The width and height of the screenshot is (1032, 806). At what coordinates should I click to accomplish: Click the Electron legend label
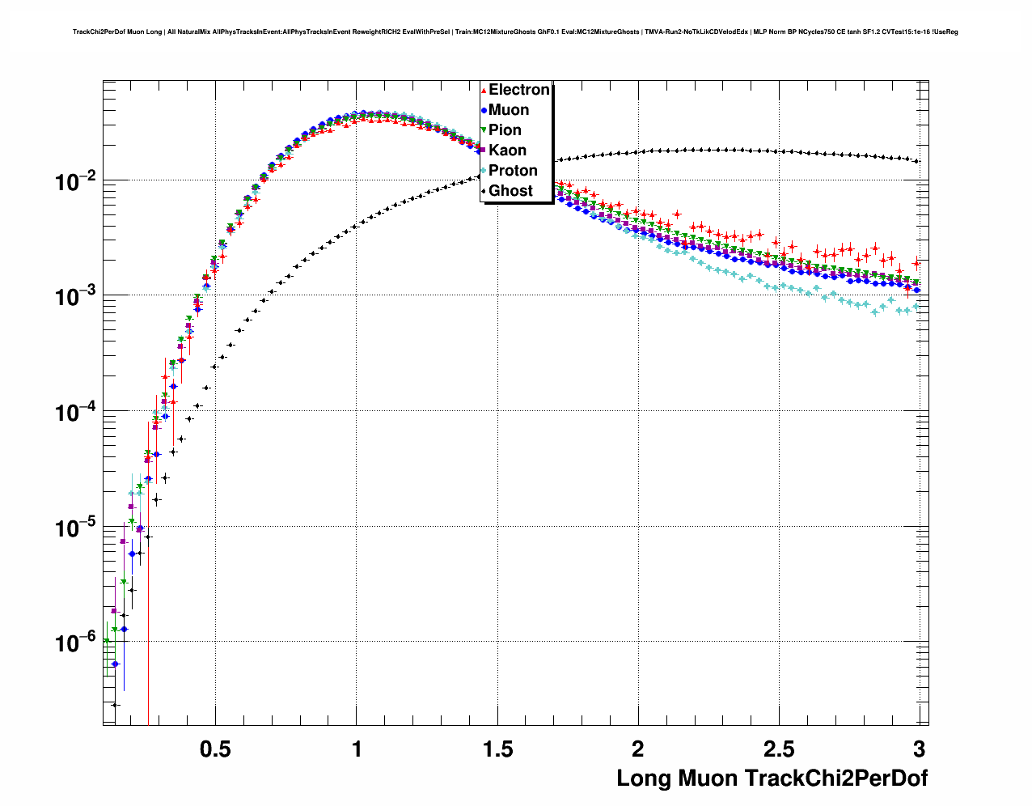[x=519, y=90]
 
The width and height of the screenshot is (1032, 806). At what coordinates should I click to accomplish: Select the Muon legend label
[x=509, y=110]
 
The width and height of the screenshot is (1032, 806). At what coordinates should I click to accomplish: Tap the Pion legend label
[x=505, y=130]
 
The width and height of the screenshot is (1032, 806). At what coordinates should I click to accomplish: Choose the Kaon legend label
[x=507, y=151]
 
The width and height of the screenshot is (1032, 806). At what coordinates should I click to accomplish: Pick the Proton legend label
[x=513, y=171]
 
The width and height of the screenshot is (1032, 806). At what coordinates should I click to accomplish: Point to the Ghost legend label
[x=510, y=191]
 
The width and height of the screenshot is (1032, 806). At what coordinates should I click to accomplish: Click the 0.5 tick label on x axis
[x=215, y=749]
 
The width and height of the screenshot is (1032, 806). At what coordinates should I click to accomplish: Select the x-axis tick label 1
[x=357, y=749]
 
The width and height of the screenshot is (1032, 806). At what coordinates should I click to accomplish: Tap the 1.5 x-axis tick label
[x=497, y=749]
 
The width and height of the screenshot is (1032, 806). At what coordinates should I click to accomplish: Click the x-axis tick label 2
[x=638, y=749]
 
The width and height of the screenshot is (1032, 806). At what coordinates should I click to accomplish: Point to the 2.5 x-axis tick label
[x=779, y=749]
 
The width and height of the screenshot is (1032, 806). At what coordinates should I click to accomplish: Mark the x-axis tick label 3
[x=919, y=749]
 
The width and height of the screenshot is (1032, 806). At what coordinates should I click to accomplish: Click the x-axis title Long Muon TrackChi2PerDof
[x=772, y=778]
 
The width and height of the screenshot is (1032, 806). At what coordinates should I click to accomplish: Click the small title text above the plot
[x=515, y=32]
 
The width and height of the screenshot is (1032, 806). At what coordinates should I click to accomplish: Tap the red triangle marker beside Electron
[x=484, y=91]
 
